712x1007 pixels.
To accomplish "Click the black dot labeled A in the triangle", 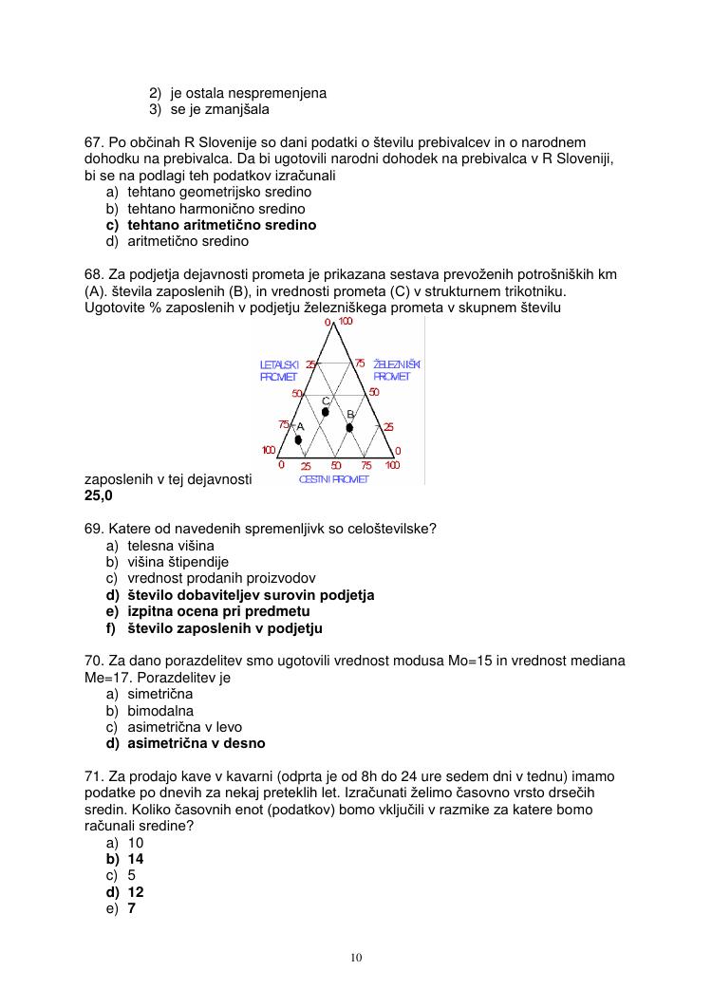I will (298, 439).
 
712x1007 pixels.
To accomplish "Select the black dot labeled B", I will (349, 428).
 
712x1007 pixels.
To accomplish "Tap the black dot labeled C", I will (326, 412).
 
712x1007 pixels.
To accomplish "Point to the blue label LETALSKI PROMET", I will (279, 370).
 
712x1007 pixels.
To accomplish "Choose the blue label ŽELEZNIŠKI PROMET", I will (396, 370).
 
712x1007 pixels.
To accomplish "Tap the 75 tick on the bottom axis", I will (366, 465).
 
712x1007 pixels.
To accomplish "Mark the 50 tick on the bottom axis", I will (336, 465).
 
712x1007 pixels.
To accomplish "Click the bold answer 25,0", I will (99, 495).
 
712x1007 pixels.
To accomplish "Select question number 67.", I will (94, 141).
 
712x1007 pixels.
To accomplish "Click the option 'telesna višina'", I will (171, 546).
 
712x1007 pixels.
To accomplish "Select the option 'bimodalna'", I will (160, 710).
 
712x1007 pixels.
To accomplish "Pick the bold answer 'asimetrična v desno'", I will (197, 743).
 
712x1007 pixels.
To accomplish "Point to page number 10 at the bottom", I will (356, 957).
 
